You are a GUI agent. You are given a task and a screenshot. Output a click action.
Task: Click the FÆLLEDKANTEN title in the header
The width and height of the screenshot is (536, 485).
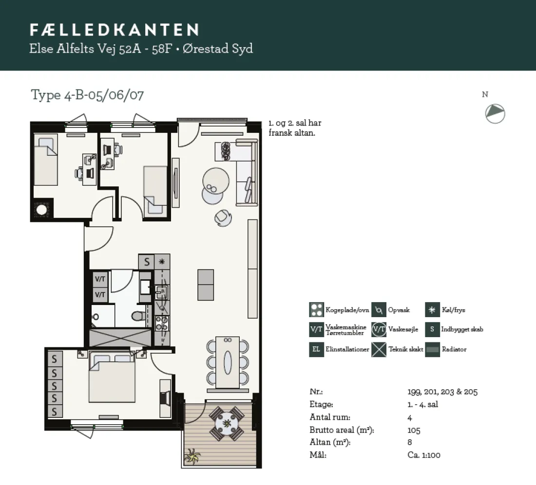pos(114,30)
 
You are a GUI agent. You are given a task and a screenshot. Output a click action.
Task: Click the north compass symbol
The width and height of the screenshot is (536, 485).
pos(495,113)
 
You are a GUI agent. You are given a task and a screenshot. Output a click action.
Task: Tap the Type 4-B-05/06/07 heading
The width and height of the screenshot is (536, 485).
pos(87,95)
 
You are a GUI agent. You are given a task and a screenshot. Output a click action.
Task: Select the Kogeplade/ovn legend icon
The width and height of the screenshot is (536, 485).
pos(316,310)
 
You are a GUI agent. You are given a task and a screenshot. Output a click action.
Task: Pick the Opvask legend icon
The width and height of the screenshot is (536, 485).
pos(379,310)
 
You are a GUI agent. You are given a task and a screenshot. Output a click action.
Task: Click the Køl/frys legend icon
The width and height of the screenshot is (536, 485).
pos(432,310)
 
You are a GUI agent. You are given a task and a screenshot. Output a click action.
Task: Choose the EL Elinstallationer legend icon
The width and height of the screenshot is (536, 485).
pos(316,349)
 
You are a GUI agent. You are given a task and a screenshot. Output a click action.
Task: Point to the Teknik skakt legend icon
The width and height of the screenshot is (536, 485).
pos(379,349)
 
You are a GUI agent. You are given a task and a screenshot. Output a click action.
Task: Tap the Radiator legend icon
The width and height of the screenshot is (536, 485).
pos(432,349)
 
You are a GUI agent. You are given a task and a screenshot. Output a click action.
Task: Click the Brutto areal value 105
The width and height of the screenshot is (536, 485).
pos(414,430)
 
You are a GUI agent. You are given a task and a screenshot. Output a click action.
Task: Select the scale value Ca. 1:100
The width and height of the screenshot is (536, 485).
pos(424,455)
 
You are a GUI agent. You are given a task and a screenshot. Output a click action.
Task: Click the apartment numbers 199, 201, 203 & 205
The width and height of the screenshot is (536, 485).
pos(442,392)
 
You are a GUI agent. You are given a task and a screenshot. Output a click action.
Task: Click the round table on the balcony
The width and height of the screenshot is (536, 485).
pos(227,424)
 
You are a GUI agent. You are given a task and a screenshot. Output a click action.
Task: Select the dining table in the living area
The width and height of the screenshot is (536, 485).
pos(228,362)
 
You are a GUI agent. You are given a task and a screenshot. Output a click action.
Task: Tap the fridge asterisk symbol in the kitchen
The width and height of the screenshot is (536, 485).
pos(162,262)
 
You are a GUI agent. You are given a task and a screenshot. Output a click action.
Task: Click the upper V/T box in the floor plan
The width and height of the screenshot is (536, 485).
pos(100,279)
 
